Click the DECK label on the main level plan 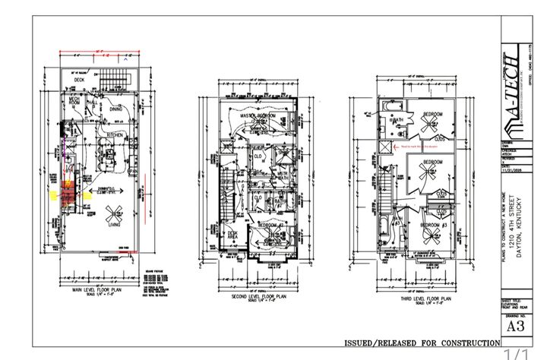click(x=78, y=80)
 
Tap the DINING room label click(x=115, y=109)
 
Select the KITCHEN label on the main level click(x=115, y=134)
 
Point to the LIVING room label click(x=115, y=225)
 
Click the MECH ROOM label click(x=74, y=101)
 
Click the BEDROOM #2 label click(x=270, y=226)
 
